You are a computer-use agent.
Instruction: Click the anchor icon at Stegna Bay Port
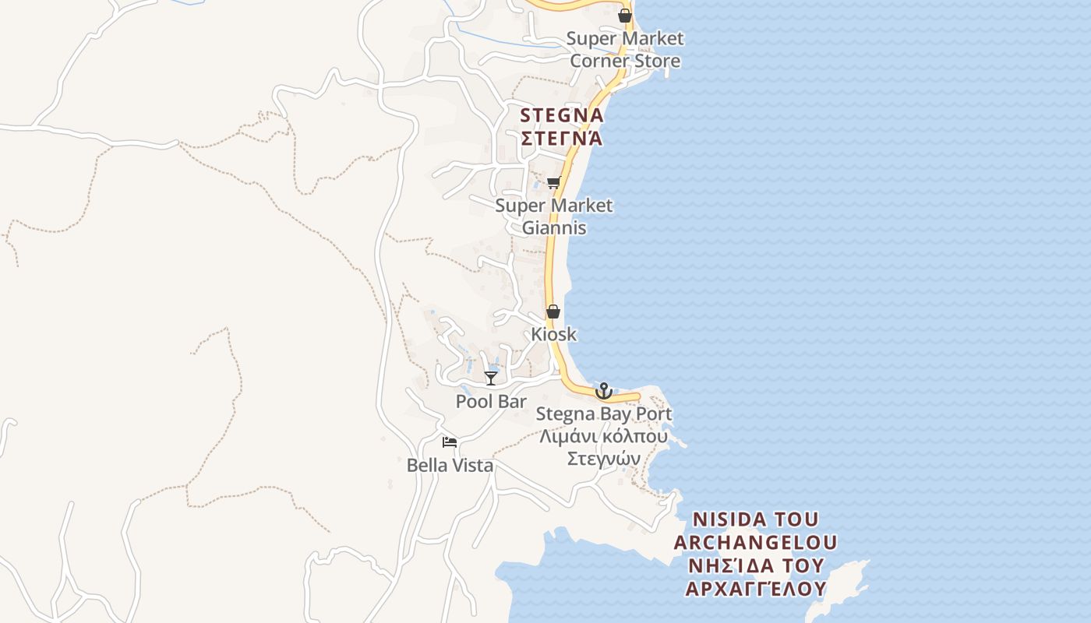(x=604, y=390)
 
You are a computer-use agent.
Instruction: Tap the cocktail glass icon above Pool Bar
(x=490, y=378)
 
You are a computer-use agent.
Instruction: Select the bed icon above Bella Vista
(x=450, y=442)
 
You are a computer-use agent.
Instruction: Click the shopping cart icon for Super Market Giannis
(x=553, y=183)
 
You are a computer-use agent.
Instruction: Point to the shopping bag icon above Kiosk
(x=553, y=311)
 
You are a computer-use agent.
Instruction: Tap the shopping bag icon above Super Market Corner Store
(x=624, y=15)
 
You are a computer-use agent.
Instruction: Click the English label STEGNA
(x=561, y=115)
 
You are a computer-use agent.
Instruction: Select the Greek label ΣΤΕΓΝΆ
(x=561, y=139)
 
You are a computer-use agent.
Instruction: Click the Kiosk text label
(x=553, y=334)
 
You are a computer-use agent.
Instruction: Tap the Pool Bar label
(x=491, y=401)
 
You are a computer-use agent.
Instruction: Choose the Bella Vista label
(x=450, y=466)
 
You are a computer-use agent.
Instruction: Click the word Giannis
(x=553, y=228)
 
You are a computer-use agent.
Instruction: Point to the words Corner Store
(x=624, y=61)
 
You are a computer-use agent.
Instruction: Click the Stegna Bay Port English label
(x=604, y=414)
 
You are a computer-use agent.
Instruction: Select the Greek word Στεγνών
(x=604, y=459)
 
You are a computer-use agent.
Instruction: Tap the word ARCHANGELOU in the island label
(x=755, y=542)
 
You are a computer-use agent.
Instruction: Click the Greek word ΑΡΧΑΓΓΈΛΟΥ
(x=755, y=589)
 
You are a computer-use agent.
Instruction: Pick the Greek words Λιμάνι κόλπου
(x=604, y=436)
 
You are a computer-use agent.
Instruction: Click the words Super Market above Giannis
(x=553, y=206)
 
